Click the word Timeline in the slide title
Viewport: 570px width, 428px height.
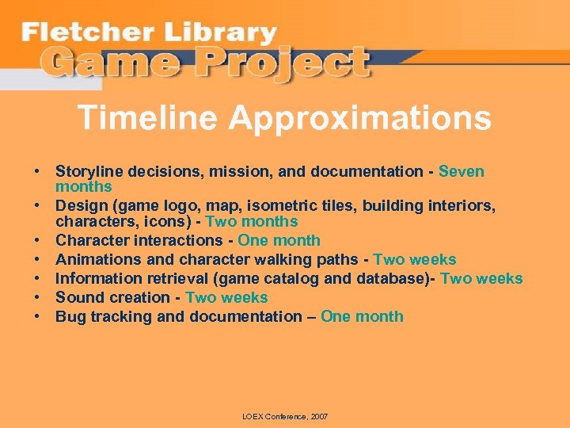pyautogui.click(x=148, y=119)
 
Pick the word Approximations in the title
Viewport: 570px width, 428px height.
pyautogui.click(x=360, y=119)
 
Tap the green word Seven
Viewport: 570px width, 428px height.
pyautogui.click(x=462, y=172)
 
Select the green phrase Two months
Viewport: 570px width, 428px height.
pyautogui.click(x=252, y=222)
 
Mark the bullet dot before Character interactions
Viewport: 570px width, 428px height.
pyautogui.click(x=37, y=241)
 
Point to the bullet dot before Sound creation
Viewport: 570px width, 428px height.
pyautogui.click(x=37, y=298)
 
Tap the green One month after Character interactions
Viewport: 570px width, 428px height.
pyautogui.click(x=279, y=241)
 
